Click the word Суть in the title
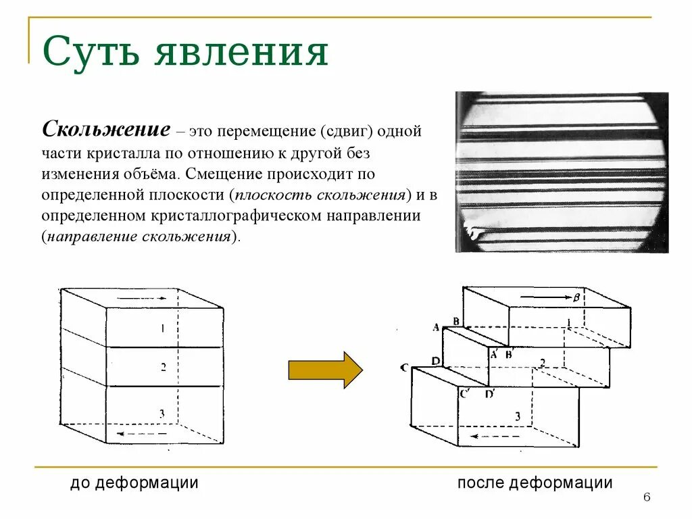pyautogui.click(x=91, y=53)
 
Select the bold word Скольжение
pyautogui.click(x=105, y=130)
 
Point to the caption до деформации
pyautogui.click(x=134, y=483)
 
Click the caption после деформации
pyautogui.click(x=535, y=483)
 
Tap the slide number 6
pyautogui.click(x=647, y=498)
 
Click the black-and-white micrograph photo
pyautogui.click(x=562, y=172)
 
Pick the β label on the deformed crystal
pyautogui.click(x=576, y=297)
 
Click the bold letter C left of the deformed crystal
pyautogui.click(x=403, y=368)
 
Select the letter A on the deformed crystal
pyautogui.click(x=436, y=327)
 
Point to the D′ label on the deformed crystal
pyautogui.click(x=490, y=394)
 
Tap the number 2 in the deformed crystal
pyautogui.click(x=542, y=363)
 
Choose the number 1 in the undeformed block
pyautogui.click(x=162, y=328)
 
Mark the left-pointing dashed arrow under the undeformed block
pyautogui.click(x=144, y=432)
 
